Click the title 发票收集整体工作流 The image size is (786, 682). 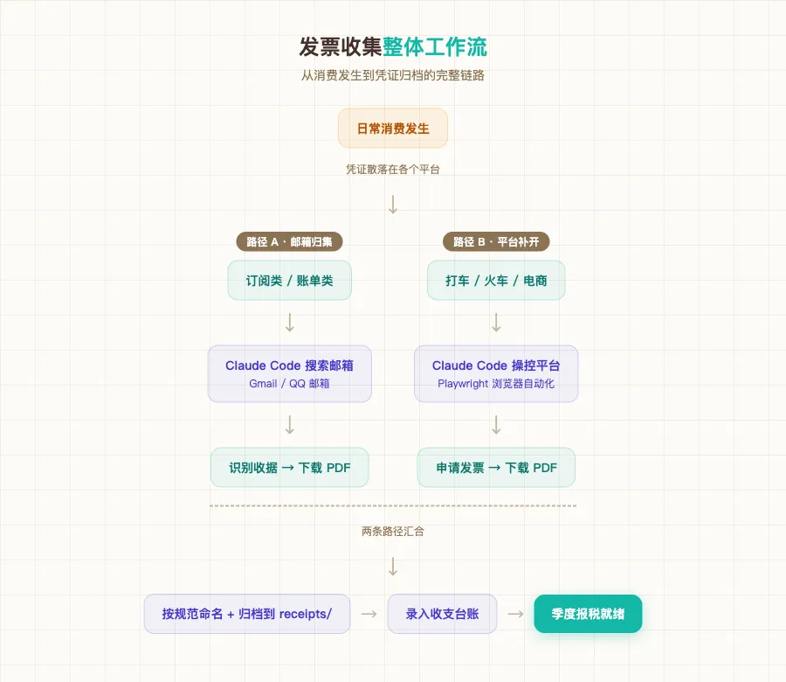(x=393, y=46)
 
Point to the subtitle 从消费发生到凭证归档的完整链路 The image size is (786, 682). (x=393, y=75)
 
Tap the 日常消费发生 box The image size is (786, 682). (x=393, y=129)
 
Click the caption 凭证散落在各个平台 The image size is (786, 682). (x=393, y=170)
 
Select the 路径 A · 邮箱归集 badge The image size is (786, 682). (x=290, y=242)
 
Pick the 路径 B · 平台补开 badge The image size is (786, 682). (x=496, y=242)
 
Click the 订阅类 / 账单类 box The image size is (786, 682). (x=290, y=281)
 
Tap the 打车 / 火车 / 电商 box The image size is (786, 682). (x=496, y=281)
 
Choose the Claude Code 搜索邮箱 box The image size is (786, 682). (x=290, y=373)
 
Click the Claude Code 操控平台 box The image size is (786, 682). (x=496, y=373)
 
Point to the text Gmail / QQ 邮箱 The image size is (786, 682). (x=290, y=384)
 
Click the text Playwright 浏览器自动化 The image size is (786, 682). (x=496, y=384)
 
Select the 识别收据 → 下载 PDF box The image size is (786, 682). (x=290, y=468)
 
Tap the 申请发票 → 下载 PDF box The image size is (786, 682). (x=496, y=468)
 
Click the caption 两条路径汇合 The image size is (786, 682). (x=393, y=531)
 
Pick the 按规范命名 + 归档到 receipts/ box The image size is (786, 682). (x=247, y=614)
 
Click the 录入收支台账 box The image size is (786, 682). (x=443, y=614)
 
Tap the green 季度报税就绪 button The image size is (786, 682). (x=588, y=614)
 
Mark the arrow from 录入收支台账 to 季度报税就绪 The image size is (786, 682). (x=516, y=614)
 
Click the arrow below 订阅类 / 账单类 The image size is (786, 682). (x=290, y=323)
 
